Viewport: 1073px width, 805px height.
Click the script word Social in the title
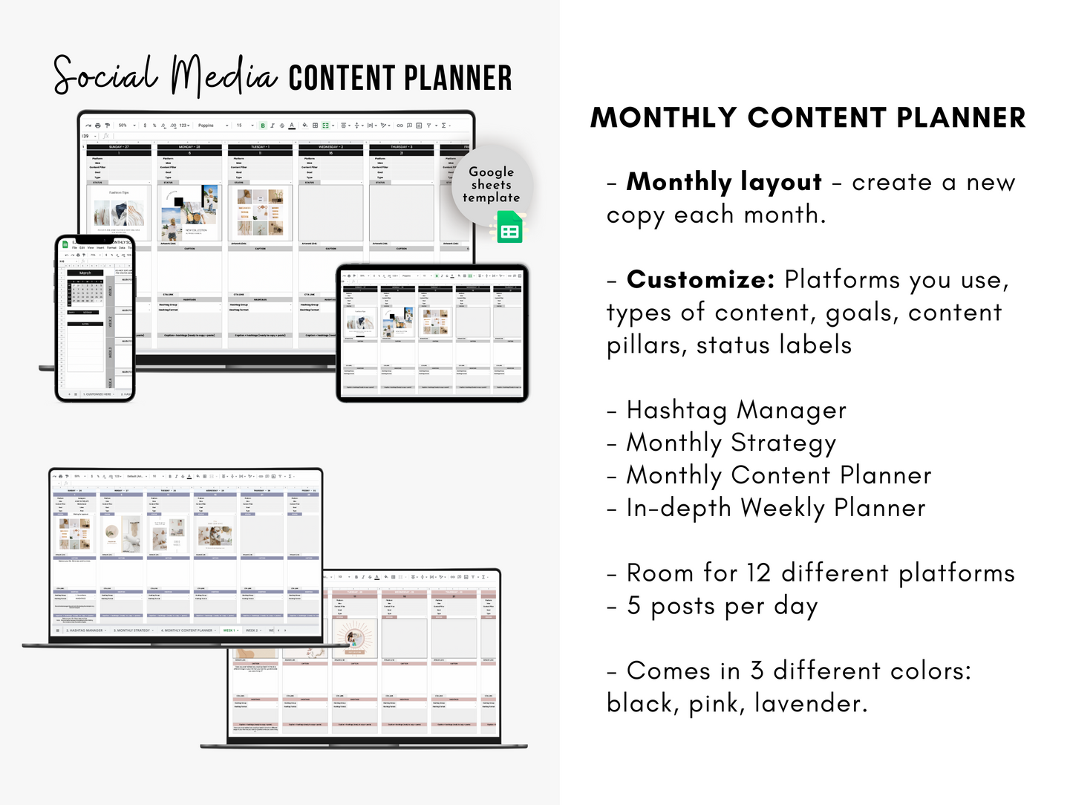pos(105,74)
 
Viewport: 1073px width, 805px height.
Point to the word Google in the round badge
pos(491,172)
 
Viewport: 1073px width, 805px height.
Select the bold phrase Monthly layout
pos(724,182)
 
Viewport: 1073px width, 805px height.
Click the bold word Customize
pos(700,279)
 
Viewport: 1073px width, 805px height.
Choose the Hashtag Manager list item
pos(736,410)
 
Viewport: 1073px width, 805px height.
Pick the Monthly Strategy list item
pos(731,443)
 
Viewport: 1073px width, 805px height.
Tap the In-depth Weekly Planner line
pos(776,508)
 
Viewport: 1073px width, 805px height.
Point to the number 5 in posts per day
pos(633,605)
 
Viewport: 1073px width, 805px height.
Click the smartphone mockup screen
pos(95,319)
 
